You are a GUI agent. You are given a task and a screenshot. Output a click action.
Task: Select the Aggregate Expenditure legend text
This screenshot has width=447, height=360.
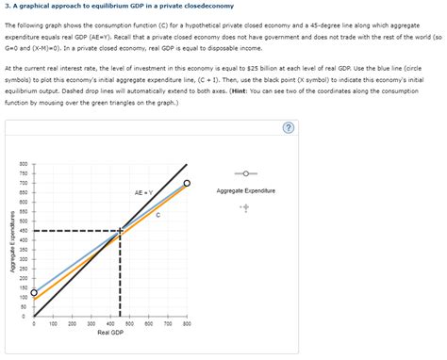click(x=244, y=191)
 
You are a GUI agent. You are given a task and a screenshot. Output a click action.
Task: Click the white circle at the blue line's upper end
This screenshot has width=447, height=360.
click(x=187, y=183)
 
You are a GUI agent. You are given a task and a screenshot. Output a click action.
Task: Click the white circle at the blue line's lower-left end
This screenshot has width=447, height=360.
click(x=34, y=293)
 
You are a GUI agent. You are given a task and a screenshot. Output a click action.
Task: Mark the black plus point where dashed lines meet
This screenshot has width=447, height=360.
click(x=121, y=230)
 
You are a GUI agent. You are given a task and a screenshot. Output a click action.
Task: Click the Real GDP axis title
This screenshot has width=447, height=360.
click(x=111, y=333)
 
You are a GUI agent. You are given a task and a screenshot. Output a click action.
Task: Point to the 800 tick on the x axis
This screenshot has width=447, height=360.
click(x=187, y=322)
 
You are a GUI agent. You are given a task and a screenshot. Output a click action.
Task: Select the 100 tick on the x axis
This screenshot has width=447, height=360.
click(x=53, y=322)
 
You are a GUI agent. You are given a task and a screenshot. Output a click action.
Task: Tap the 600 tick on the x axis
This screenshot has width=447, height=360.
click(x=149, y=322)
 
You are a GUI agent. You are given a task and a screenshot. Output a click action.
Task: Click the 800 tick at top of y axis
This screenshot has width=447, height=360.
click(x=22, y=164)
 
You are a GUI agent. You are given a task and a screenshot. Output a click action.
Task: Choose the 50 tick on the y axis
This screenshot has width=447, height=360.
click(x=24, y=306)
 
